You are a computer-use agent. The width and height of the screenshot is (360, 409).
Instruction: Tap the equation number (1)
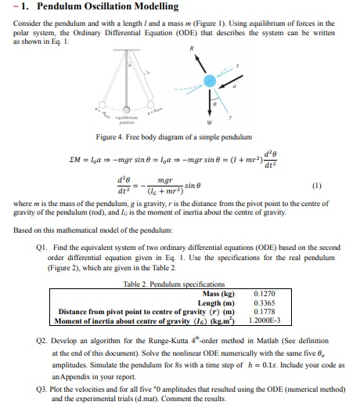pyautogui.click(x=337, y=186)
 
